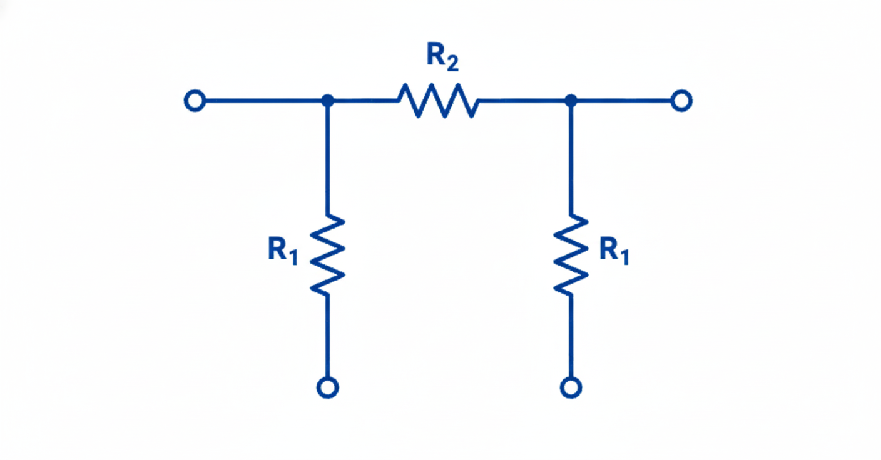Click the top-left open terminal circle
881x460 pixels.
pyautogui.click(x=195, y=101)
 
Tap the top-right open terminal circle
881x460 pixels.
pyautogui.click(x=681, y=100)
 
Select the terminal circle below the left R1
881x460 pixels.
pyautogui.click(x=327, y=387)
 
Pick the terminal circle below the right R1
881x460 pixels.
pyautogui.click(x=570, y=387)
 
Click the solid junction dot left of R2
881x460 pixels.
pyautogui.click(x=327, y=100)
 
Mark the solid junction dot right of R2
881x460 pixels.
pyautogui.click(x=570, y=100)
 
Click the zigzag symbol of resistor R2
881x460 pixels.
pyautogui.click(x=437, y=100)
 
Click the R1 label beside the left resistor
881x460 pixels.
pyautogui.click(x=283, y=251)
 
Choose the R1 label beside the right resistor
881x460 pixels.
pyautogui.click(x=614, y=251)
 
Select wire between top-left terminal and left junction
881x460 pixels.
pyautogui.click(x=263, y=100)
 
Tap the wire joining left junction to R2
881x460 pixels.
pyautogui.click(x=363, y=100)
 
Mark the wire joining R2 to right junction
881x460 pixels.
pyautogui.click(x=522, y=100)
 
